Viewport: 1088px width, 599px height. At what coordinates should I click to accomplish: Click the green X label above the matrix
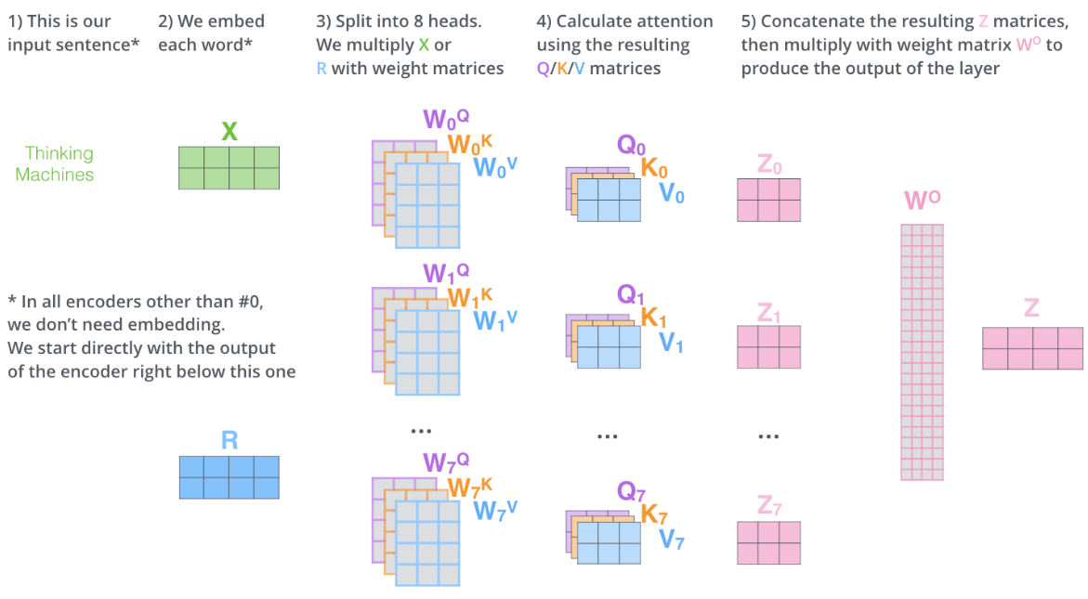[x=229, y=131]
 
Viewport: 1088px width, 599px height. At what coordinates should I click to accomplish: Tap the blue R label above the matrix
[x=229, y=439]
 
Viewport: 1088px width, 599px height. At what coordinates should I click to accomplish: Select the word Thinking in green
[x=59, y=153]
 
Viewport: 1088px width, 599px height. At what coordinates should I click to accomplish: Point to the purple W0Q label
[x=446, y=120]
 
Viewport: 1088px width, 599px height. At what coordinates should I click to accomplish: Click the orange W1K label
[x=469, y=298]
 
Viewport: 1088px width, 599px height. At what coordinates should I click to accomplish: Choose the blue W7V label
[x=495, y=509]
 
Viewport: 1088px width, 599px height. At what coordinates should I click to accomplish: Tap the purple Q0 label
[x=632, y=145]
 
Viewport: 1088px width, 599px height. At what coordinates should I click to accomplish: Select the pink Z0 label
[x=768, y=166]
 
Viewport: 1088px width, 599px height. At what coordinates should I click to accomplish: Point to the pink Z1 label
[x=768, y=313]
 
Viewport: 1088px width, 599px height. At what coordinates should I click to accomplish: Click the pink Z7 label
[x=768, y=506]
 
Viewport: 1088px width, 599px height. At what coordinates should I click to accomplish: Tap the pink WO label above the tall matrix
[x=921, y=202]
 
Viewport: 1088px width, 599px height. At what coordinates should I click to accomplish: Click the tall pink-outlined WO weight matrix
[x=922, y=352]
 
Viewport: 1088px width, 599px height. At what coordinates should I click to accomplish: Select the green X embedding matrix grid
[x=229, y=167]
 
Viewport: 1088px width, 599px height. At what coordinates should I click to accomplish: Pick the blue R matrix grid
[x=229, y=477]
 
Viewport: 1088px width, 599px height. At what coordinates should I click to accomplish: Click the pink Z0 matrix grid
[x=768, y=200]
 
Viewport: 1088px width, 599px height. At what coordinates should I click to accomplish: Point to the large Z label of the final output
[x=1031, y=308]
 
